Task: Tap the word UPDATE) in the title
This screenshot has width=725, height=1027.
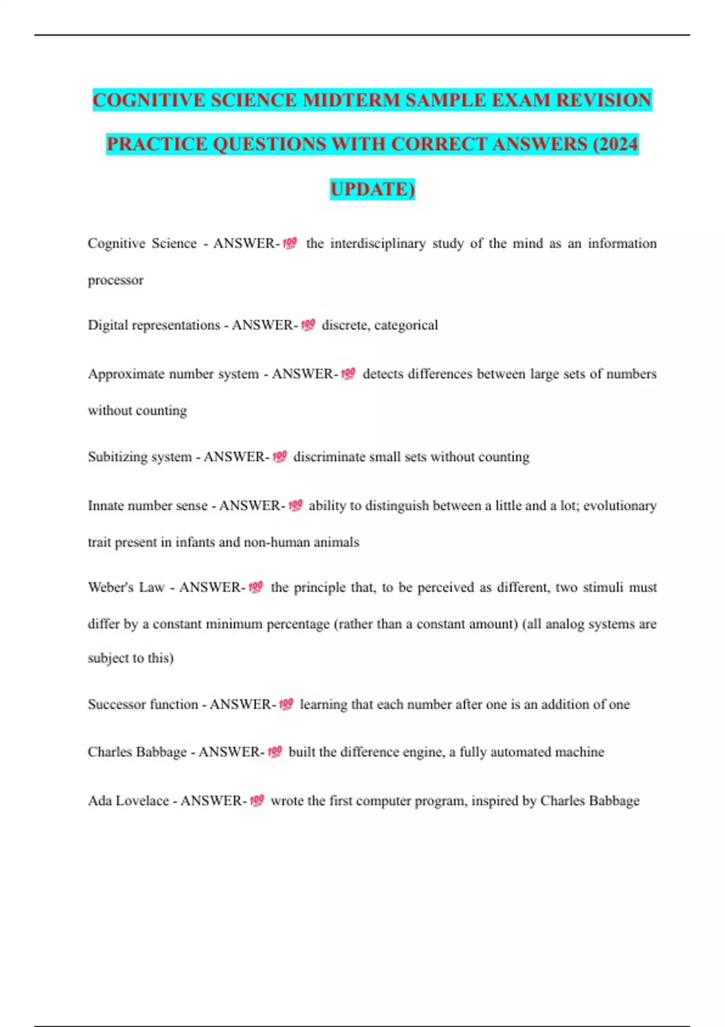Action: (372, 189)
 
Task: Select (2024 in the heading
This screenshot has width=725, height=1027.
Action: (616, 144)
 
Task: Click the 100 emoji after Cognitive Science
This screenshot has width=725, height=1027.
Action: (290, 243)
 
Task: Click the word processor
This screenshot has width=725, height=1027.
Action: (115, 280)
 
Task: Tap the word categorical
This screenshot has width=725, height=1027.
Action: (406, 325)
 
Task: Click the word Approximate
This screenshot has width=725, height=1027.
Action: (126, 374)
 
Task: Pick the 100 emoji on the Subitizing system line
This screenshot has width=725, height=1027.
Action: (279, 457)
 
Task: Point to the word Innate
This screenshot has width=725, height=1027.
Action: (106, 506)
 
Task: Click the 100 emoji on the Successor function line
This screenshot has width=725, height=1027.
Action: (286, 704)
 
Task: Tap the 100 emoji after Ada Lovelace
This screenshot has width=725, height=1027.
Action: (257, 801)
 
